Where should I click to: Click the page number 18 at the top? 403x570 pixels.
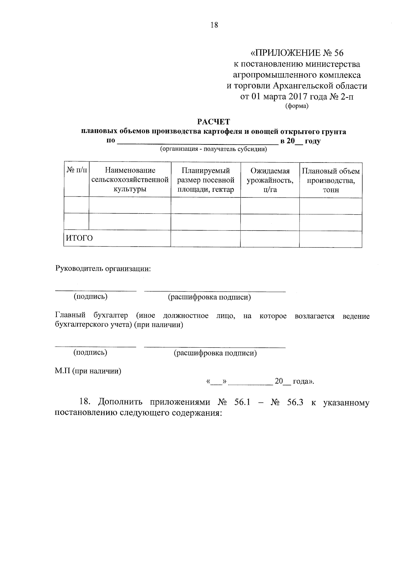click(x=214, y=25)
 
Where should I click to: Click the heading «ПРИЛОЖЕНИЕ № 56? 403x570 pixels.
click(x=297, y=53)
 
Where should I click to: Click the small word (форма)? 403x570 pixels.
click(x=297, y=106)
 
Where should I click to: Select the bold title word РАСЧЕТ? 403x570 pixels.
click(x=214, y=122)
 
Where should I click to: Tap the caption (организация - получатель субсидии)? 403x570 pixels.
click(x=214, y=149)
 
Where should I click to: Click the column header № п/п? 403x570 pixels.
click(x=77, y=171)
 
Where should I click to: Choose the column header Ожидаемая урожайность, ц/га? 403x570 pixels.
click(x=270, y=180)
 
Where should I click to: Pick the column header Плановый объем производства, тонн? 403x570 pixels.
click(x=331, y=180)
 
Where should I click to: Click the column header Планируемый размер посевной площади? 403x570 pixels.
click(x=206, y=180)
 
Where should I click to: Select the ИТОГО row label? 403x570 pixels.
click(x=79, y=238)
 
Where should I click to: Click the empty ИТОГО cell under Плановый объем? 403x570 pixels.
click(x=330, y=238)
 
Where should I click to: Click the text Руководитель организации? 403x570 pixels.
click(x=103, y=269)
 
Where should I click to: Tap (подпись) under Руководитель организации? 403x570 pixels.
click(x=91, y=297)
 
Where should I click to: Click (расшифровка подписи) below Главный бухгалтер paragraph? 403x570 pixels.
click(x=215, y=353)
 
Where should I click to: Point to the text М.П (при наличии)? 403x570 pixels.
click(x=88, y=371)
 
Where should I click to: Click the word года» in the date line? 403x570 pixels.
click(x=303, y=381)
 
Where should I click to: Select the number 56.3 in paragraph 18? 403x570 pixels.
click(x=295, y=402)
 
